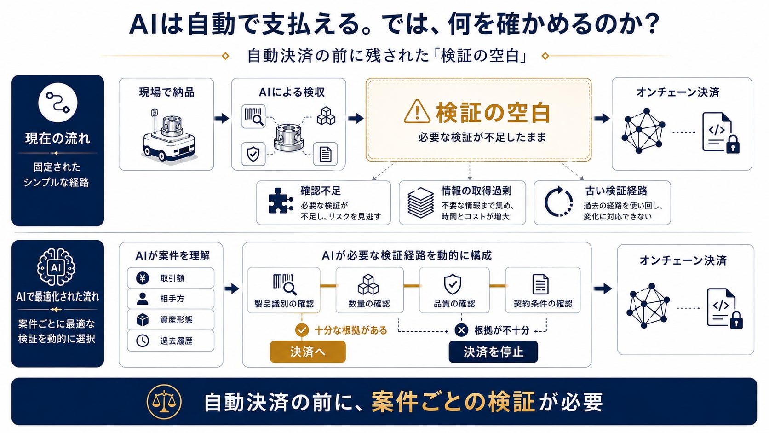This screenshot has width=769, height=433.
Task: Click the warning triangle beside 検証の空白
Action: (417, 112)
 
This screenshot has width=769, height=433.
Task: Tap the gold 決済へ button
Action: (308, 352)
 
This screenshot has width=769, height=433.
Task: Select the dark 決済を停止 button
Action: (493, 352)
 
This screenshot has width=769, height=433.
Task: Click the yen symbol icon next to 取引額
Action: (143, 278)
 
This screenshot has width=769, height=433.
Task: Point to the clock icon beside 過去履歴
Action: (143, 341)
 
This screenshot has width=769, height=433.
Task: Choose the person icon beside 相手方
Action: (143, 299)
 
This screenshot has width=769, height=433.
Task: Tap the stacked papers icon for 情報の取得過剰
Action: (420, 202)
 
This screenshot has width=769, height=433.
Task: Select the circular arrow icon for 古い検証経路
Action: (558, 202)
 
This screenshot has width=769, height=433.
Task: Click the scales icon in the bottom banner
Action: (164, 402)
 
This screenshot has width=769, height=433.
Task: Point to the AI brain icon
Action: (56, 267)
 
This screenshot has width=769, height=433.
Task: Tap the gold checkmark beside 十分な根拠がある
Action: (302, 330)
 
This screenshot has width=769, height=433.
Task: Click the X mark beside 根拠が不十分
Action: (461, 330)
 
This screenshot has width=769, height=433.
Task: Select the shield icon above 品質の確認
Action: (453, 284)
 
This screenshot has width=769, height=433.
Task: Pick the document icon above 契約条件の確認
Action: (540, 284)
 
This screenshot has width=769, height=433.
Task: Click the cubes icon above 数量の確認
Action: (368, 284)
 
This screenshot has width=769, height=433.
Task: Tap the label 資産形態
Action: (176, 320)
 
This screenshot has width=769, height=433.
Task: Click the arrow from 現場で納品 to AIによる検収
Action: (222, 118)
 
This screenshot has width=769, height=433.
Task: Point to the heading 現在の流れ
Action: (57, 139)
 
